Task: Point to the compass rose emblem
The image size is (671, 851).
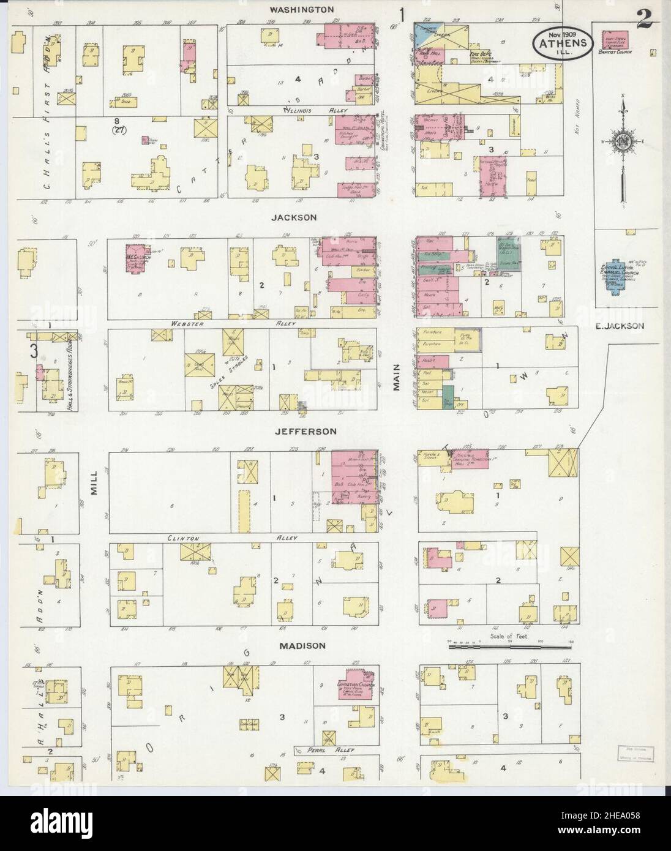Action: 623,143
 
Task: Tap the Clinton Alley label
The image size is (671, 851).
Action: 233,538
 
